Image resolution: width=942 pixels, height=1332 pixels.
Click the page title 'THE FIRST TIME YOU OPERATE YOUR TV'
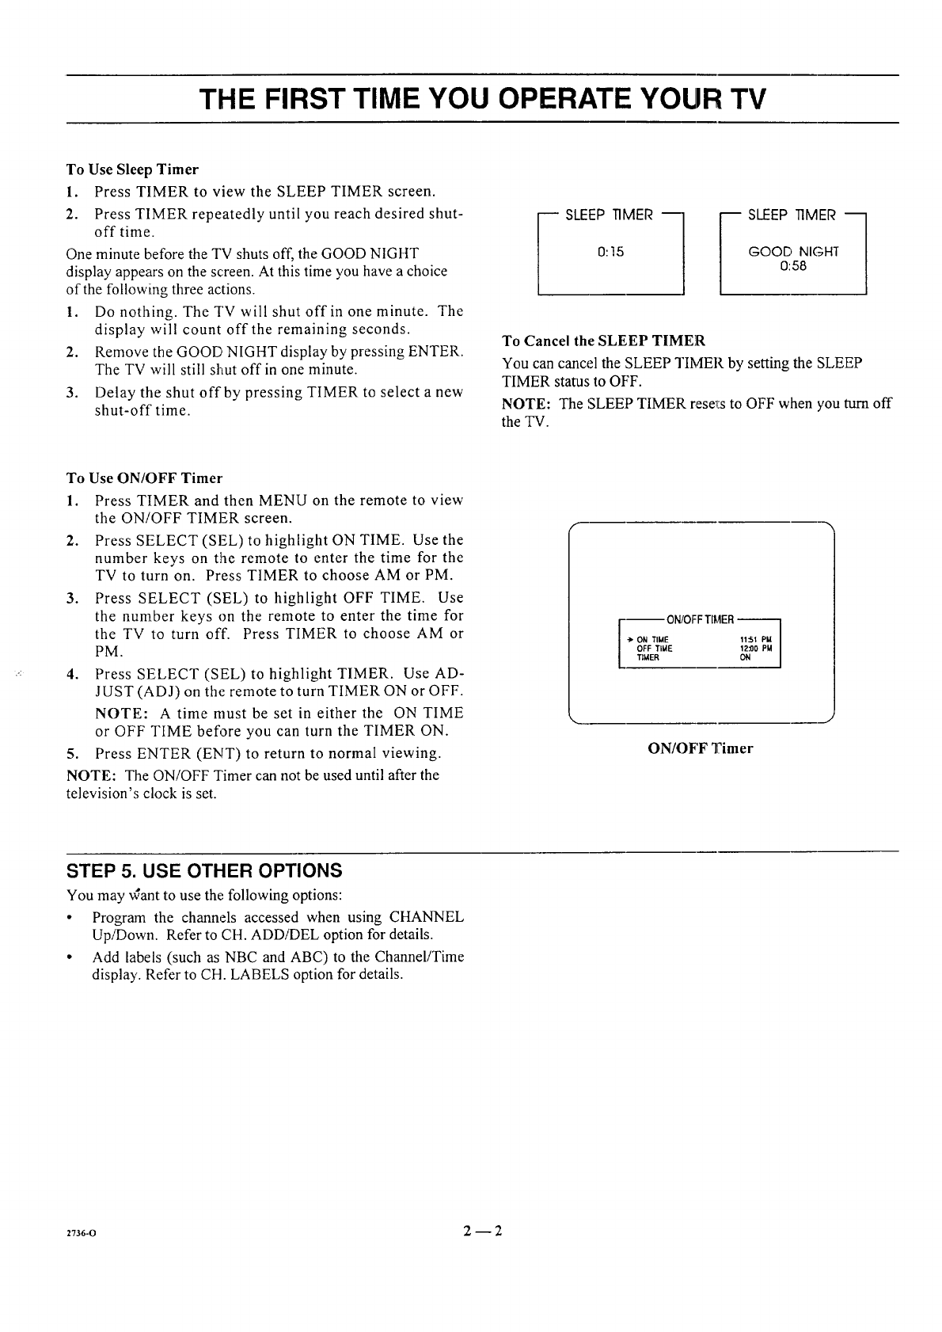(x=483, y=100)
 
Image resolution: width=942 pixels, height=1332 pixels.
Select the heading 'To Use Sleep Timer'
(x=132, y=169)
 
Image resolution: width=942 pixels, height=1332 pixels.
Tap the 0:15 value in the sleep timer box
(x=610, y=252)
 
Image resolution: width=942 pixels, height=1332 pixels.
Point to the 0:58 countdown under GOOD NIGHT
(x=793, y=266)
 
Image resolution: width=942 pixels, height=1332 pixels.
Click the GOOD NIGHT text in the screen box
(x=793, y=252)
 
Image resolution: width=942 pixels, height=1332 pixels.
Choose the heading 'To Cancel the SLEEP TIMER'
(x=603, y=341)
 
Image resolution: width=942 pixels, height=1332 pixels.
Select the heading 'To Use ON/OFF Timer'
(x=144, y=478)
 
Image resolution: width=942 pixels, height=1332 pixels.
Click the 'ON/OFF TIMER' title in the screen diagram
(x=701, y=618)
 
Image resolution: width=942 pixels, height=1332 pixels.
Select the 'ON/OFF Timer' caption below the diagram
(x=701, y=748)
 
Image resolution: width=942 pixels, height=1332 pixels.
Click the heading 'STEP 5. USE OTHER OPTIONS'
(x=204, y=871)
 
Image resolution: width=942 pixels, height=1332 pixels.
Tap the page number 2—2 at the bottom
(x=483, y=1231)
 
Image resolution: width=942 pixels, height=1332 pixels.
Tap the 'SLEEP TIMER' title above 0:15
(x=610, y=215)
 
